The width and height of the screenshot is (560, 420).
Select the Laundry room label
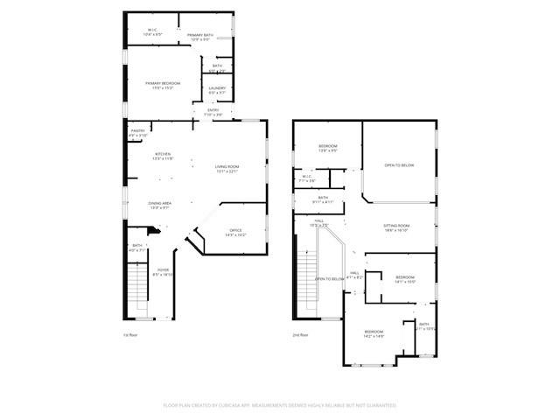coord(217,90)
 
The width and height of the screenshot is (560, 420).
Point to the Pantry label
coord(138,133)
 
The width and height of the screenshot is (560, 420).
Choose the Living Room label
coord(227,168)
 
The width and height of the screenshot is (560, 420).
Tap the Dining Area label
coord(159,205)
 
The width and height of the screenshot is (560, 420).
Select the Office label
coord(235,232)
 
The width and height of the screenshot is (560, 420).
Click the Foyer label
coord(163,272)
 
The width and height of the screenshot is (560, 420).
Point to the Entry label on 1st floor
coord(213,112)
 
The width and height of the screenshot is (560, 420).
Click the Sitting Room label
coord(396,227)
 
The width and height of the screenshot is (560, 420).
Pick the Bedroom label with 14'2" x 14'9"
coord(374,333)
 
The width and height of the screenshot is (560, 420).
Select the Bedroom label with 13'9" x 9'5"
coord(327,148)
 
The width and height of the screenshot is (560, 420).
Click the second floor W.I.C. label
coord(308,178)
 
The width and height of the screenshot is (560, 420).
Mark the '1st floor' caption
coord(131,335)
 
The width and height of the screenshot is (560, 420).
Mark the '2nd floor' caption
coord(301,335)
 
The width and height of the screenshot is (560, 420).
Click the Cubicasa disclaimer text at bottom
coord(280,405)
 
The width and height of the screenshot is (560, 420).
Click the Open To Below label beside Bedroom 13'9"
coord(399,164)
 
